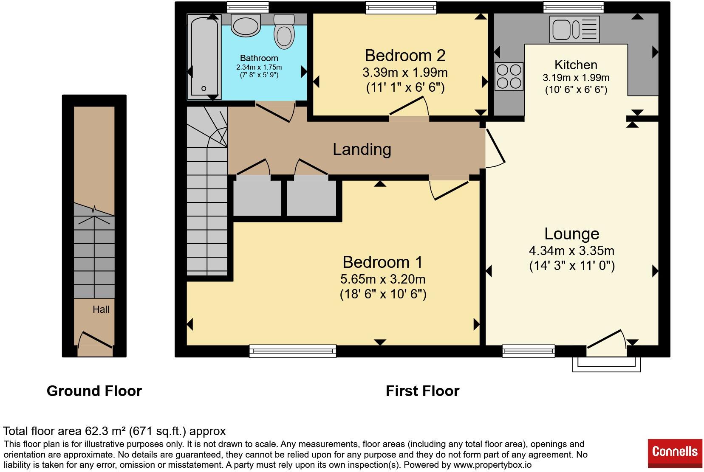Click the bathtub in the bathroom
click(204, 56)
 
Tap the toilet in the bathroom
click(284, 32)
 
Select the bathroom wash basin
click(246, 25)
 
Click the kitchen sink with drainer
click(574, 29)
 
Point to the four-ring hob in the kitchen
click(509, 76)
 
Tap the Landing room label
click(362, 149)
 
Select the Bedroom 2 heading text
click(405, 56)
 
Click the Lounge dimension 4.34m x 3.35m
click(572, 250)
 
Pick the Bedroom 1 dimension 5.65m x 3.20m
click(383, 279)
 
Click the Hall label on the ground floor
click(101, 309)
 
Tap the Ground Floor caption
click(94, 391)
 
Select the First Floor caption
click(422, 391)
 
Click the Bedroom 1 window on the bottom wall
click(293, 351)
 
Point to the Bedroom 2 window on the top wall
click(401, 8)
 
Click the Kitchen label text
click(576, 65)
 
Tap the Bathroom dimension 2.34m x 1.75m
click(259, 67)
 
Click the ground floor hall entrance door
click(95, 340)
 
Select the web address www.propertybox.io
click(492, 465)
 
